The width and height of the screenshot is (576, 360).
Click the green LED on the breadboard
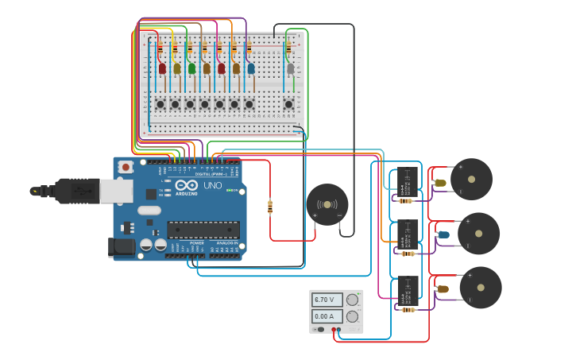click(191, 69)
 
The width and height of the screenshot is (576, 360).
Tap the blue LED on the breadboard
click(251, 69)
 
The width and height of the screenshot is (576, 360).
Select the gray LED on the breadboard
click(291, 69)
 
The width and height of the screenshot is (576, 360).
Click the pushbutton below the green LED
click(190, 104)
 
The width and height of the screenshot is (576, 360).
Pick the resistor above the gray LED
click(288, 49)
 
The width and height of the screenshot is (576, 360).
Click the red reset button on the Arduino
click(126, 167)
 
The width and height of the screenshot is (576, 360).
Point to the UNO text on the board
click(213, 185)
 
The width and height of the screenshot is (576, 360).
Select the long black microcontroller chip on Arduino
click(203, 230)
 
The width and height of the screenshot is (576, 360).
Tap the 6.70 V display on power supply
click(327, 300)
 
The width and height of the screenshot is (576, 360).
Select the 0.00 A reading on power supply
click(327, 315)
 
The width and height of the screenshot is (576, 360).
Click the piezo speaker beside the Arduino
click(327, 205)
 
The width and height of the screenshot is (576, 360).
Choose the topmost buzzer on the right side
click(471, 180)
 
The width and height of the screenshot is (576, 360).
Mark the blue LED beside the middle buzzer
click(443, 234)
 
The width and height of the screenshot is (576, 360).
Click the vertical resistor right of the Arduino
click(270, 207)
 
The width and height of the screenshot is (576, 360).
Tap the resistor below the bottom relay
click(408, 309)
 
